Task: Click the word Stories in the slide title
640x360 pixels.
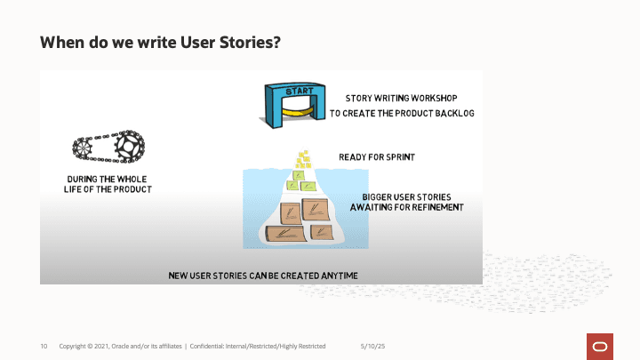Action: point(250,42)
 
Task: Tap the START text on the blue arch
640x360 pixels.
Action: point(300,91)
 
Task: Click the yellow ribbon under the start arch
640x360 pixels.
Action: point(298,111)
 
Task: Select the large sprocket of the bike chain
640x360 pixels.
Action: point(130,147)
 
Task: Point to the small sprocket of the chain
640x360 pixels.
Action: point(83,148)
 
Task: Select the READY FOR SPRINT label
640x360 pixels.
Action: point(377,157)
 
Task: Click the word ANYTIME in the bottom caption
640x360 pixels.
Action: point(340,276)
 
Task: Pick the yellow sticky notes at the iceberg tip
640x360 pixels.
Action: point(303,160)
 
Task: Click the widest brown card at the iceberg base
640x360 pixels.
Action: point(285,234)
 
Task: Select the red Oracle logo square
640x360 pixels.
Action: point(600,347)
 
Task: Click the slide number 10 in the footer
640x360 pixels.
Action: point(44,346)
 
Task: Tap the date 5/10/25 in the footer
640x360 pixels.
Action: point(372,346)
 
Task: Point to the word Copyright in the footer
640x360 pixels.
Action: point(73,346)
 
